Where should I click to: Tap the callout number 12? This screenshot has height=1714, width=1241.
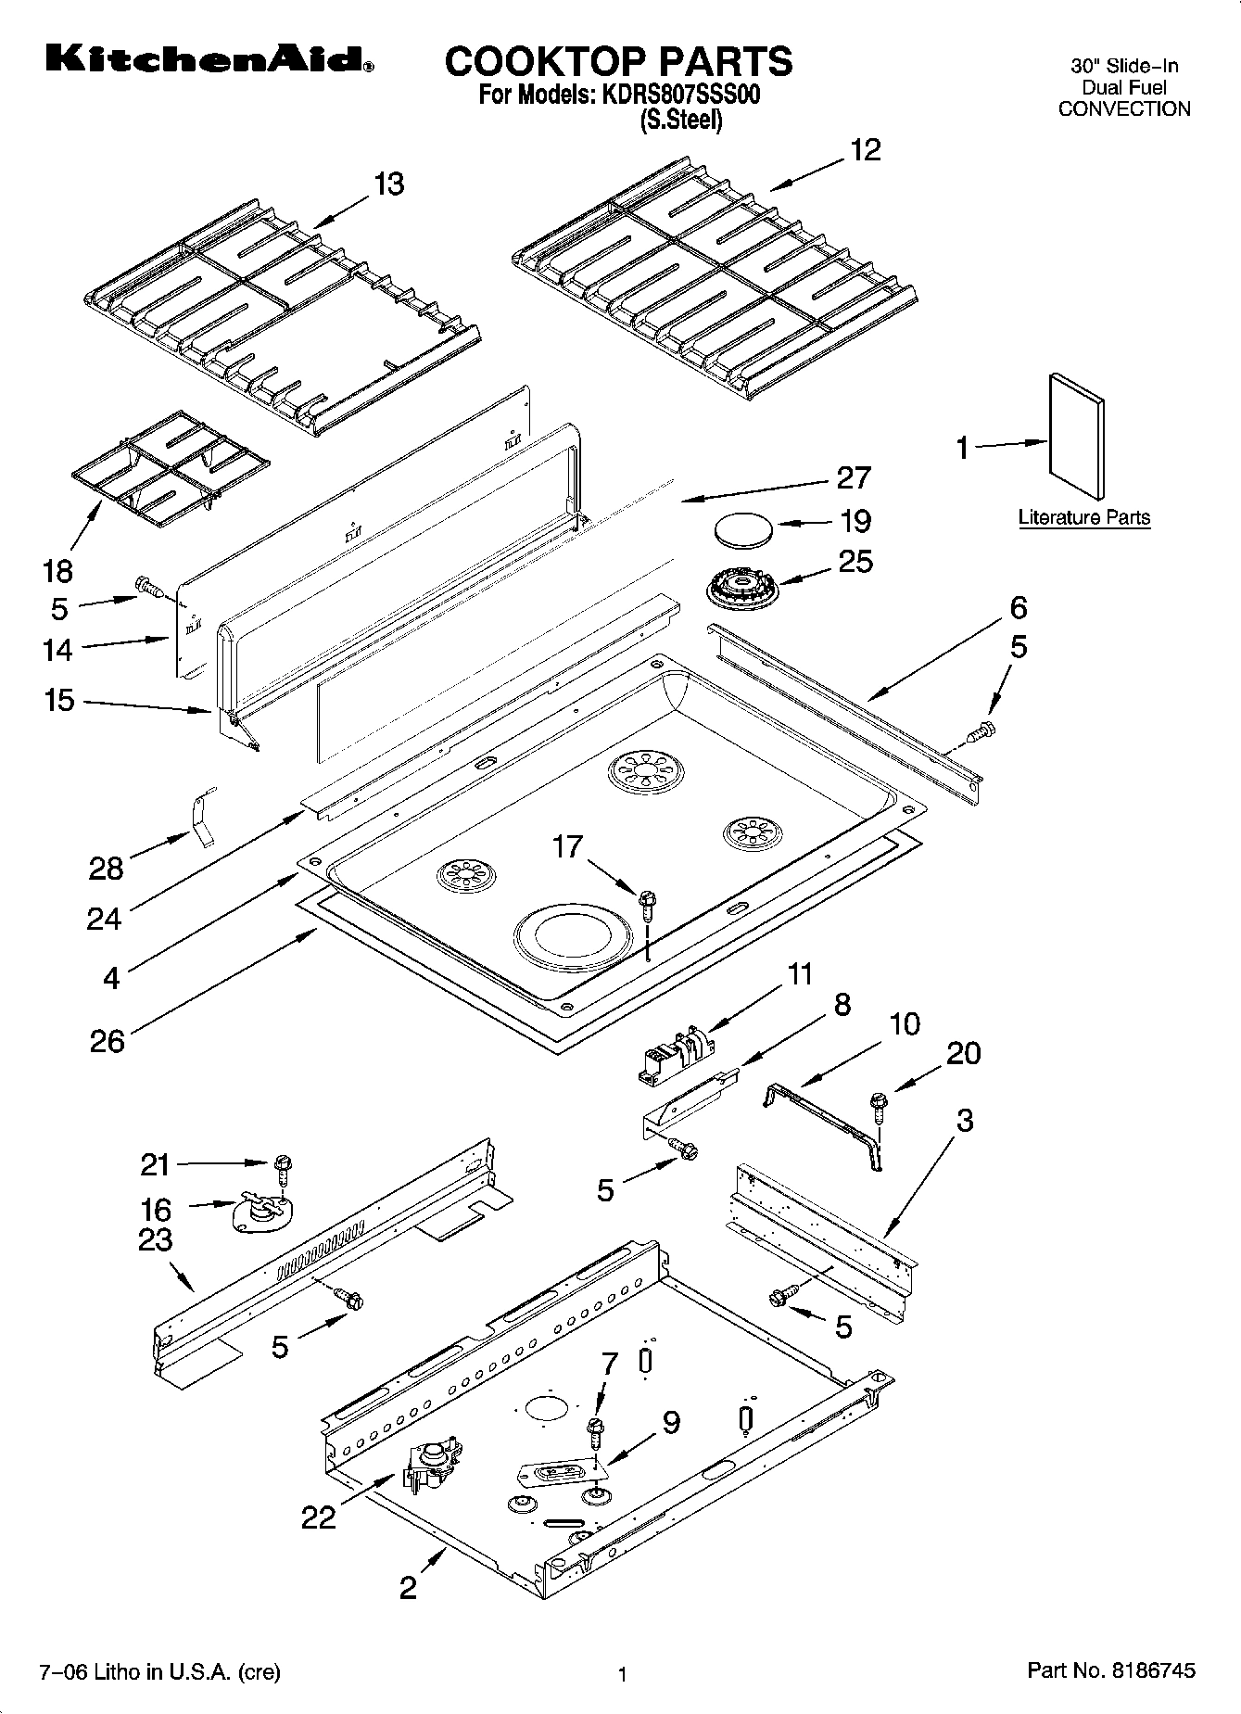click(865, 150)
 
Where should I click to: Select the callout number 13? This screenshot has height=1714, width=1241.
click(388, 184)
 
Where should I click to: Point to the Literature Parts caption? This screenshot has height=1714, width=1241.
click(1083, 517)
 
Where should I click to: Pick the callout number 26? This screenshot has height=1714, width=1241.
click(107, 1041)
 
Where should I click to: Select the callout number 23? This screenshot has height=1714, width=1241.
click(156, 1239)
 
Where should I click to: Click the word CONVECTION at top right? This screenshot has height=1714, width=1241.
click(1123, 108)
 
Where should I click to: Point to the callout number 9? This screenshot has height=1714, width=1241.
click(669, 1423)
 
